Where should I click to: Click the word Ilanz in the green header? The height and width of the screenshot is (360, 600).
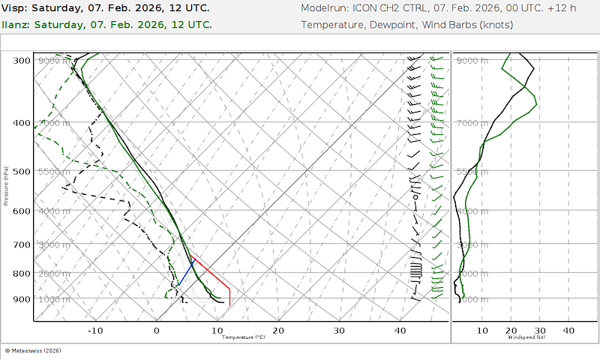click(x=16, y=24)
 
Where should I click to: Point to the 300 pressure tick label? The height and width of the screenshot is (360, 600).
click(x=22, y=61)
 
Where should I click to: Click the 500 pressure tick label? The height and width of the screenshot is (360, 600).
click(x=22, y=172)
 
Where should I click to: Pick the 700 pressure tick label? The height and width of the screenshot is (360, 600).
click(x=22, y=244)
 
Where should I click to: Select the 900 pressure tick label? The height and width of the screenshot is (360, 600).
click(x=22, y=299)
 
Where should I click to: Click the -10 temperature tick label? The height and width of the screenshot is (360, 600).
click(x=95, y=331)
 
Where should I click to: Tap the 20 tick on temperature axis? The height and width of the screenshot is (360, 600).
click(x=278, y=331)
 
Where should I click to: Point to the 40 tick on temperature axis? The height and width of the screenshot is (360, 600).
click(x=400, y=331)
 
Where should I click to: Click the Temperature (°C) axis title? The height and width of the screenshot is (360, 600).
click(x=243, y=337)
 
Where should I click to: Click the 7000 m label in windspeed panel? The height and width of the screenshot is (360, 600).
click(x=473, y=122)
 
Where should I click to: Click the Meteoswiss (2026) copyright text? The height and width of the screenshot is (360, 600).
click(x=33, y=350)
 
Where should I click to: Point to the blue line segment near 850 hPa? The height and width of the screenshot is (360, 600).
click(x=185, y=271)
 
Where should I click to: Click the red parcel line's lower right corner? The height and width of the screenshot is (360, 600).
click(x=229, y=303)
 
